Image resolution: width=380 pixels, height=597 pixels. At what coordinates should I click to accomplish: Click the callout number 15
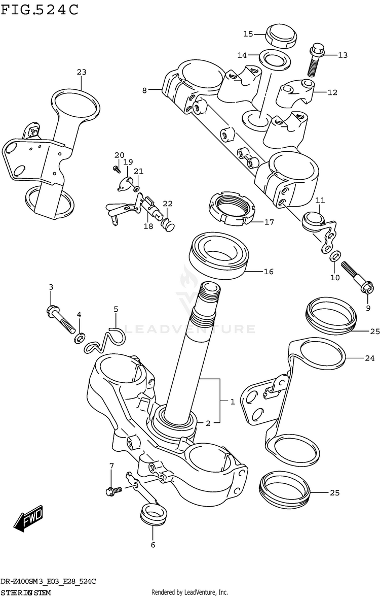click(248, 34)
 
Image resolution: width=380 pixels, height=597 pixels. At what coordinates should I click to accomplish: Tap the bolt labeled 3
click(60, 318)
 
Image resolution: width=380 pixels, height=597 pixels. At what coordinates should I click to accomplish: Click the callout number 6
click(153, 545)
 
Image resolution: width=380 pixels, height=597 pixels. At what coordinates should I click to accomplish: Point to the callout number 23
click(82, 72)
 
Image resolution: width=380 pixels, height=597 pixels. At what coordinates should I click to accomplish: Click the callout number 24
click(369, 358)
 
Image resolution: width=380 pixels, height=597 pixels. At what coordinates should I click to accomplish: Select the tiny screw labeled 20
click(116, 166)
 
